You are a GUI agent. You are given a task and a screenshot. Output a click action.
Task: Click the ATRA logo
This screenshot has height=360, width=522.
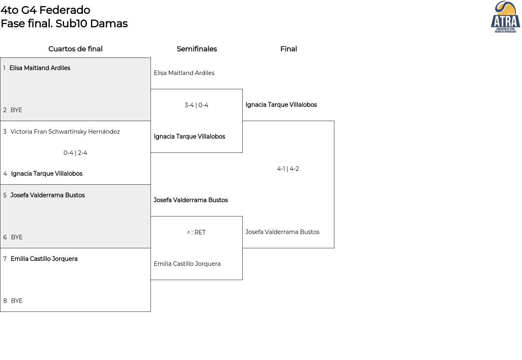505,17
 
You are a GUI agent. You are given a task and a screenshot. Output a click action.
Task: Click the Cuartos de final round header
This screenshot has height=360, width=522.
75,49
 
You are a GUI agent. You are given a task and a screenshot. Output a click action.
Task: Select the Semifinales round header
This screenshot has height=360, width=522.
197,49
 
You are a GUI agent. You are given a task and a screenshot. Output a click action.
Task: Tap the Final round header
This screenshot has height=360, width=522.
288,49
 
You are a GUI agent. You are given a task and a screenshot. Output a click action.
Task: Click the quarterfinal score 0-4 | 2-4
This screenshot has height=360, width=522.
75,153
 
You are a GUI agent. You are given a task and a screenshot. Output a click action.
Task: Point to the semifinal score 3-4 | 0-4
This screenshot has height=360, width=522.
197,105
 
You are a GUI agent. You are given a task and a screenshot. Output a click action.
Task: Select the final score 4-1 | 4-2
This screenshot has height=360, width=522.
288,169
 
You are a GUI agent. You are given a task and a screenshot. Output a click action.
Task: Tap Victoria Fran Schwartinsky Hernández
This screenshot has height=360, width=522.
65,132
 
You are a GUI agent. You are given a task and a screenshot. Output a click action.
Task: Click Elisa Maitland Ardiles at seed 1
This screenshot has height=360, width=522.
40,68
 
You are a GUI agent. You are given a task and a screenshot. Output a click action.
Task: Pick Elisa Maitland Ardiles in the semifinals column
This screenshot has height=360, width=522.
184,73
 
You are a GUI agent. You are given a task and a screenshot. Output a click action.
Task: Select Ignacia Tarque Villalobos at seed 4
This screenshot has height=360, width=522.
46,174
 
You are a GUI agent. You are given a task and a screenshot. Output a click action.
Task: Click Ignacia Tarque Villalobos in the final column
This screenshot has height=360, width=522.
281,105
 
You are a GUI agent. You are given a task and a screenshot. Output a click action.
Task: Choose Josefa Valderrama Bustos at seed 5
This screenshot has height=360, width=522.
48,195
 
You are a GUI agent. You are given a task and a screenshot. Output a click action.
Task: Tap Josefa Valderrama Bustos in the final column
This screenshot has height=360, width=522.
283,232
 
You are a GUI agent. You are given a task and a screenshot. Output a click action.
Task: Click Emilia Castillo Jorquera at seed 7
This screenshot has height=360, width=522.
44,259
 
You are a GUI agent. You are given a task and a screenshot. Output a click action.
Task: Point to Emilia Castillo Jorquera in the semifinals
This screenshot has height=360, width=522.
187,264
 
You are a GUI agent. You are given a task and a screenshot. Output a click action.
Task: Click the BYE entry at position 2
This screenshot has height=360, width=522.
16,110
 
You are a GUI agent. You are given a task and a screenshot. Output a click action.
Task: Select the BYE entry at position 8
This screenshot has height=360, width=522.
17,301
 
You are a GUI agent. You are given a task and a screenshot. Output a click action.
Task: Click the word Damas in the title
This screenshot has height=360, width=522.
109,24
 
